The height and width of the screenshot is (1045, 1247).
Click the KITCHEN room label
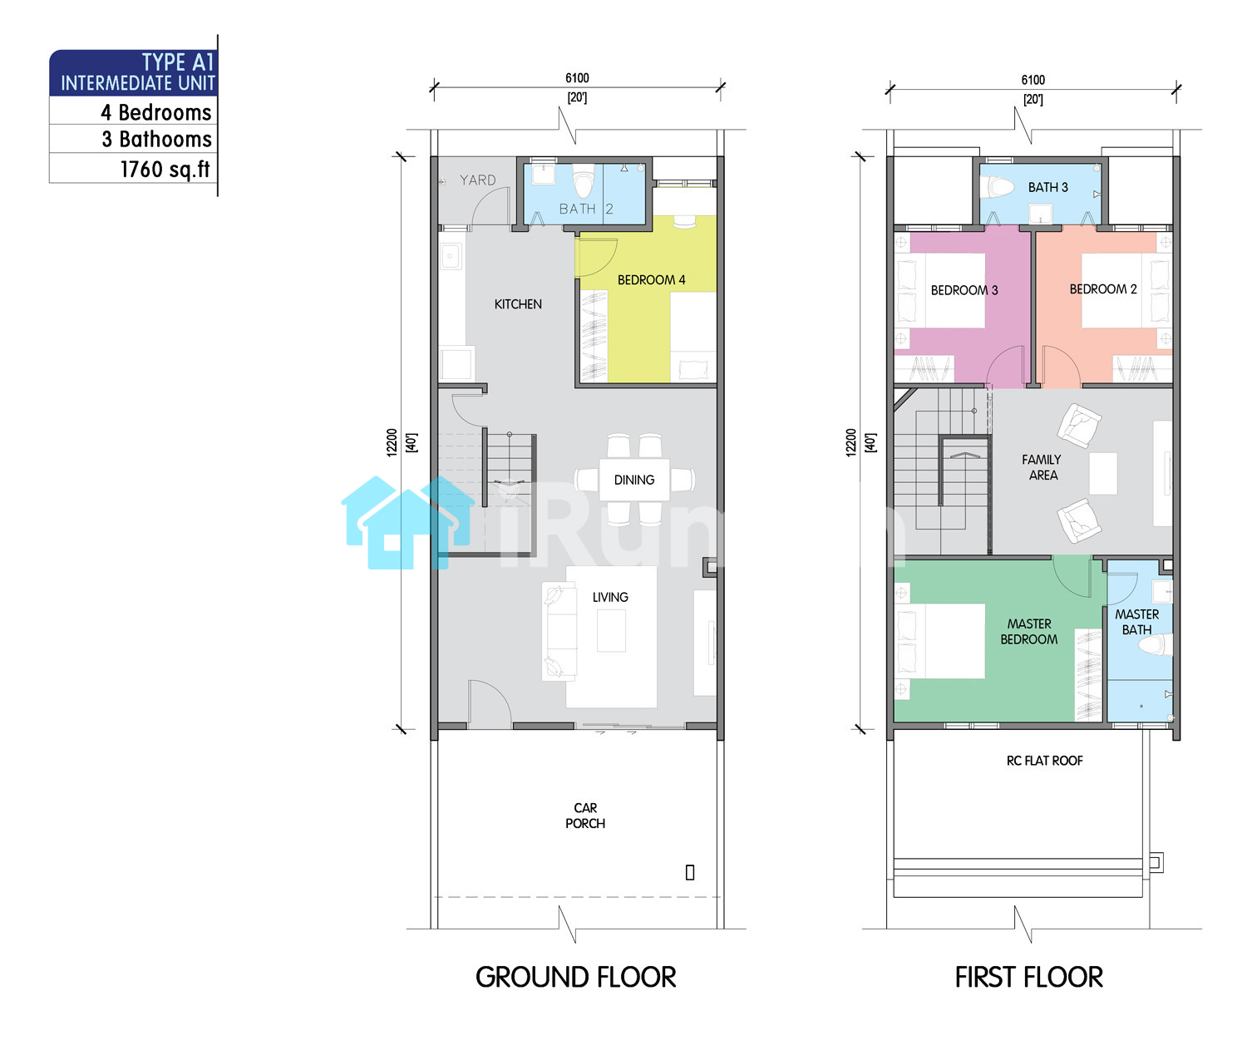point(518,304)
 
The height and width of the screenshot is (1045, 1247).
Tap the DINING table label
point(633,480)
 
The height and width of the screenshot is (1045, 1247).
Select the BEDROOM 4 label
point(651,279)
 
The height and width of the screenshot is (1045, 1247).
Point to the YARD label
point(477,180)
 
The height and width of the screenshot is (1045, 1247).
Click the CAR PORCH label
point(584,815)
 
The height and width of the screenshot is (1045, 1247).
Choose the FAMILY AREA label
point(1041,467)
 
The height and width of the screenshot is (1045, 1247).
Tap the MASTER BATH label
point(1136,622)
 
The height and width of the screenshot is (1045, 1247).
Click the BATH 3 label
point(1047,187)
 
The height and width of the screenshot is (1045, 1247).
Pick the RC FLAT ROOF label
point(1044,760)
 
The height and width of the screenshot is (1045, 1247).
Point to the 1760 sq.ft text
point(165,169)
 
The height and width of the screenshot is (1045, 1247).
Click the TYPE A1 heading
point(177,62)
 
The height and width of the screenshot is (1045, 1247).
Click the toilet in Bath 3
point(997,188)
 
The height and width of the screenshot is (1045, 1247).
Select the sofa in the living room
point(559,631)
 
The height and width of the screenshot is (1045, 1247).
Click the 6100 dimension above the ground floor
point(577,77)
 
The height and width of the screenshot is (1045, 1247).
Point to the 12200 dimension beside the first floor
point(850,442)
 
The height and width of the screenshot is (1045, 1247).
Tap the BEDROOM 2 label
point(1102,289)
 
